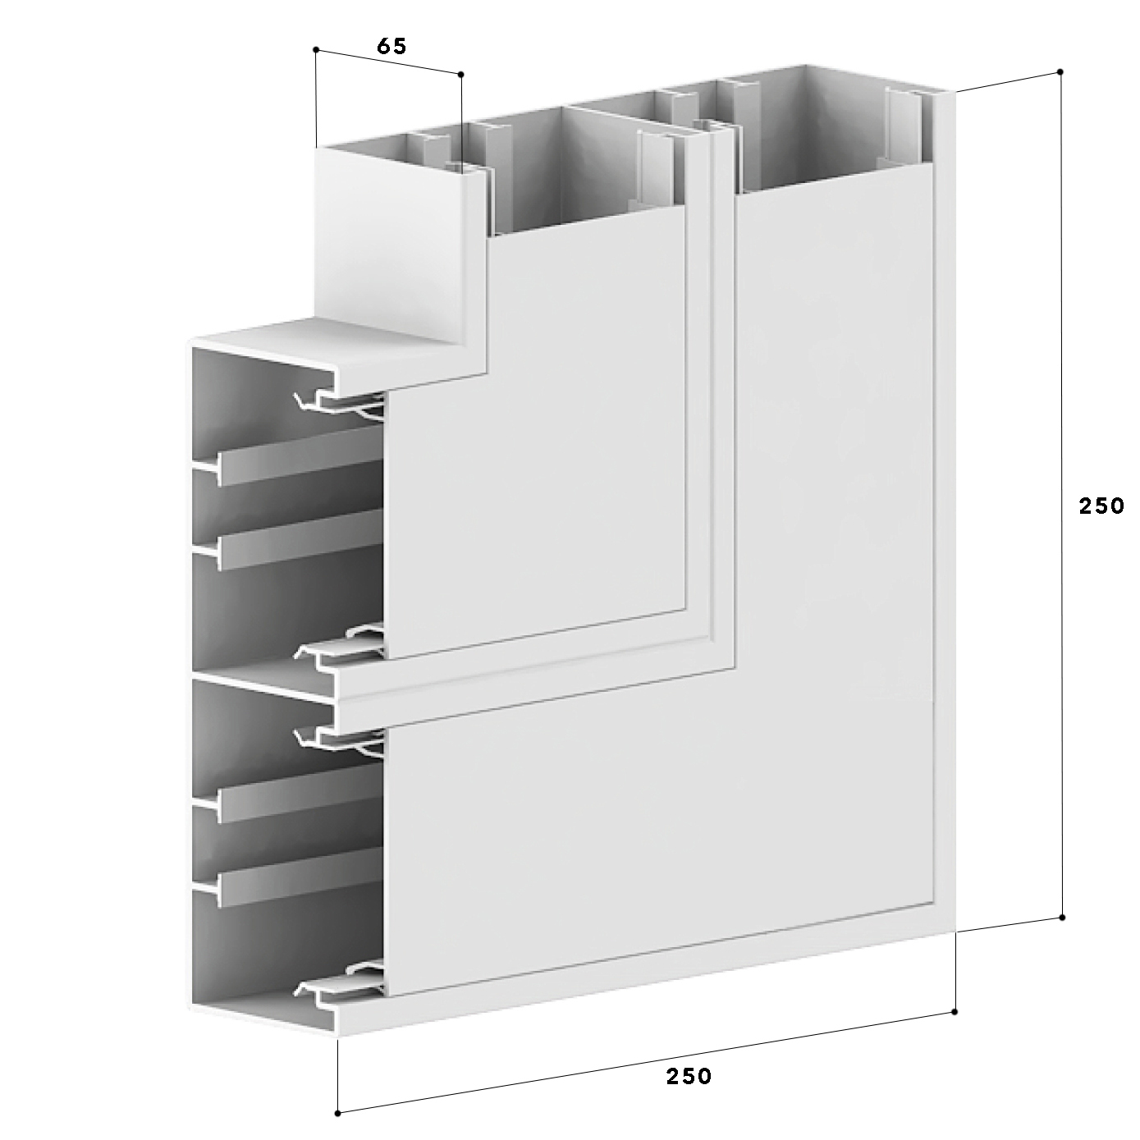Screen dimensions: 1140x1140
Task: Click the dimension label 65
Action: pos(391,46)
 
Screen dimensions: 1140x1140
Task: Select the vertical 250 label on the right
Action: pos(1101,506)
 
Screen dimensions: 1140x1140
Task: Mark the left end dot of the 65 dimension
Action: pos(316,49)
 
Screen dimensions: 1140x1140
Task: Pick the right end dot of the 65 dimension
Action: pos(461,75)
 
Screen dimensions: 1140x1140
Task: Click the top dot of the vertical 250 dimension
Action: pos(1060,71)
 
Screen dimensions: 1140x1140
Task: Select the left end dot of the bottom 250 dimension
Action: pos(337,1113)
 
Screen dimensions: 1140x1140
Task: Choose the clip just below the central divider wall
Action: pos(341,739)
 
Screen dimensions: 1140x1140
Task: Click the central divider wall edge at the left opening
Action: pos(263,689)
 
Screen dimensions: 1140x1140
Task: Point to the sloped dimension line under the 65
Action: pos(389,62)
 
